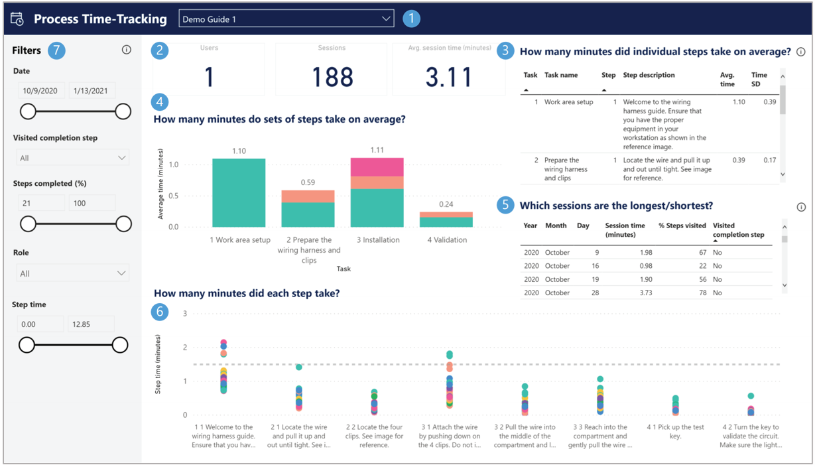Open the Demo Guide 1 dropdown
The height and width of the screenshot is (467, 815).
click(286, 19)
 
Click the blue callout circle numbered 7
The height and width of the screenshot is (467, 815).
click(56, 50)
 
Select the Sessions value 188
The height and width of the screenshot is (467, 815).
click(332, 77)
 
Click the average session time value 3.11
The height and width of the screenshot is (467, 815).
click(449, 77)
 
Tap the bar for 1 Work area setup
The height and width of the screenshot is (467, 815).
click(239, 193)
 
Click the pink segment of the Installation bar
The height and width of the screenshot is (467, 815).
click(377, 167)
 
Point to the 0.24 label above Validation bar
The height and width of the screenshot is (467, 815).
click(446, 204)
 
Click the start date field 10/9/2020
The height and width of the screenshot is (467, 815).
click(39, 91)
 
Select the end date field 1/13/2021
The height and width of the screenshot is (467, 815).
click(92, 91)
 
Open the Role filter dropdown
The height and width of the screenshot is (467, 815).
click(72, 273)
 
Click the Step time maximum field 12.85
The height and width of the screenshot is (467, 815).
click(91, 324)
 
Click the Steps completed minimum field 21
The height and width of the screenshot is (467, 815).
click(40, 203)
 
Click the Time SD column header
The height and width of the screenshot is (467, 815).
click(759, 80)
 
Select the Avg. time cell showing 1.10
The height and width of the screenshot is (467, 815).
click(737, 102)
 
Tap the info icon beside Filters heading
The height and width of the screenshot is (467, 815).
click(126, 50)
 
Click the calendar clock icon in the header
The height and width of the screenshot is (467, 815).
click(17, 19)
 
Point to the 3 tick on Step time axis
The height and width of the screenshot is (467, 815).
click(185, 314)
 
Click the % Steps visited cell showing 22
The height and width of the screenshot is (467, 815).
click(701, 266)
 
